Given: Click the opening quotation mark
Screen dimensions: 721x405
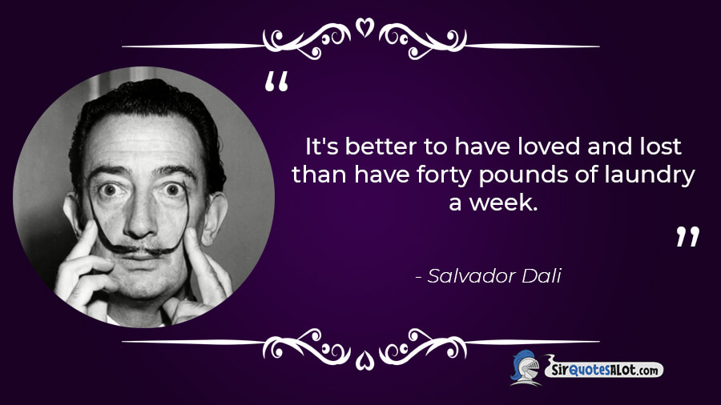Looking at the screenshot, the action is tap(277, 82).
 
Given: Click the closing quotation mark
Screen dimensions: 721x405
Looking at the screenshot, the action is tap(688, 236).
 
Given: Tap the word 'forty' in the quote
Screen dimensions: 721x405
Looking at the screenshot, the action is tap(445, 176).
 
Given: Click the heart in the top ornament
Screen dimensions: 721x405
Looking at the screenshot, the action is tap(365, 27).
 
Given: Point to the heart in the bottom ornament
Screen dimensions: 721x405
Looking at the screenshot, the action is tap(365, 360).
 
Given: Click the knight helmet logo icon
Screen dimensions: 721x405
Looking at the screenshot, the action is tap(526, 368).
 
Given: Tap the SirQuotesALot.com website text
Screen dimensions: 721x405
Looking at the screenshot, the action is tap(604, 369).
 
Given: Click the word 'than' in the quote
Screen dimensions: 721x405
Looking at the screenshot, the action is tap(319, 175).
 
